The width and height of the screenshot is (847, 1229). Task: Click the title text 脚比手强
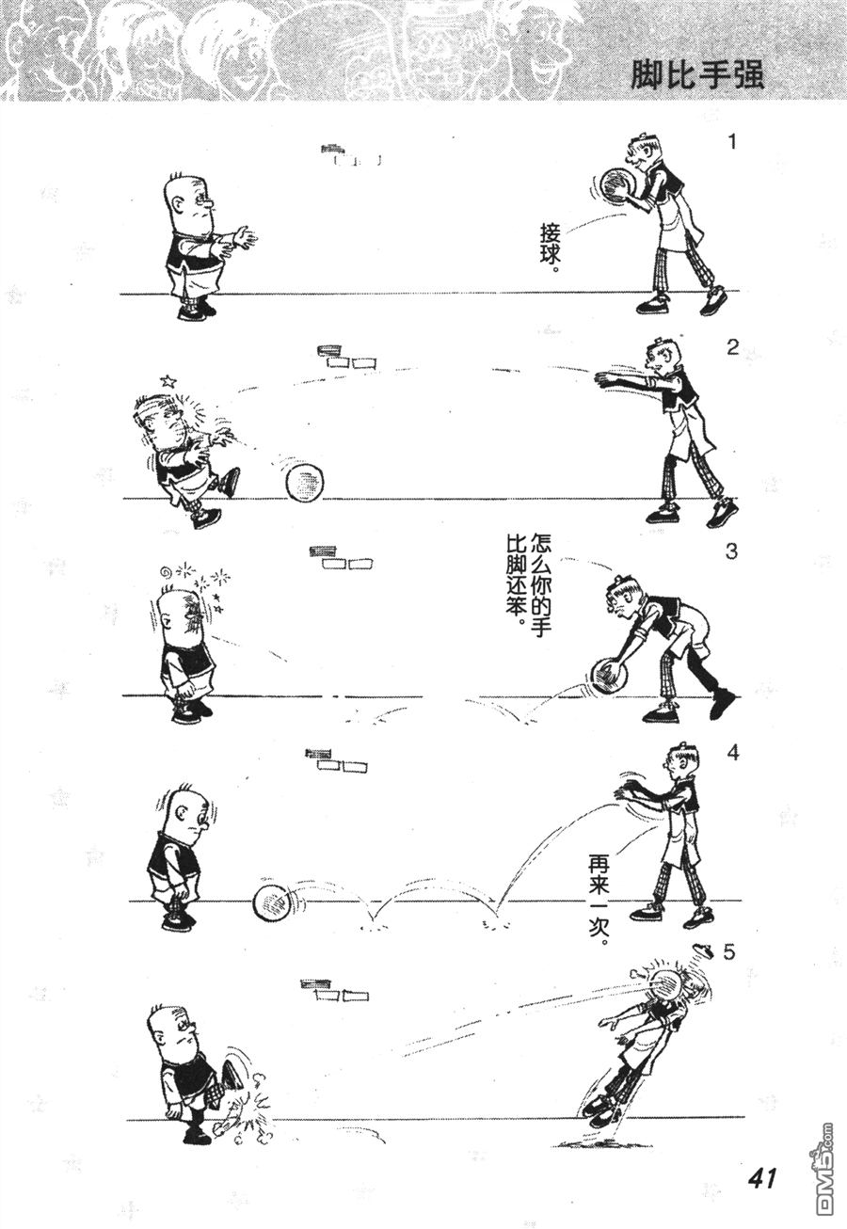pyautogui.click(x=696, y=74)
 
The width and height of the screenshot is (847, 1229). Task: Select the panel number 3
pyautogui.click(x=731, y=551)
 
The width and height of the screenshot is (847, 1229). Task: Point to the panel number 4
pyautogui.click(x=732, y=753)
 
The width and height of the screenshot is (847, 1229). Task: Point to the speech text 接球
pyautogui.click(x=547, y=247)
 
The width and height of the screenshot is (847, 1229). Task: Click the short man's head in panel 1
pyautogui.click(x=189, y=202)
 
